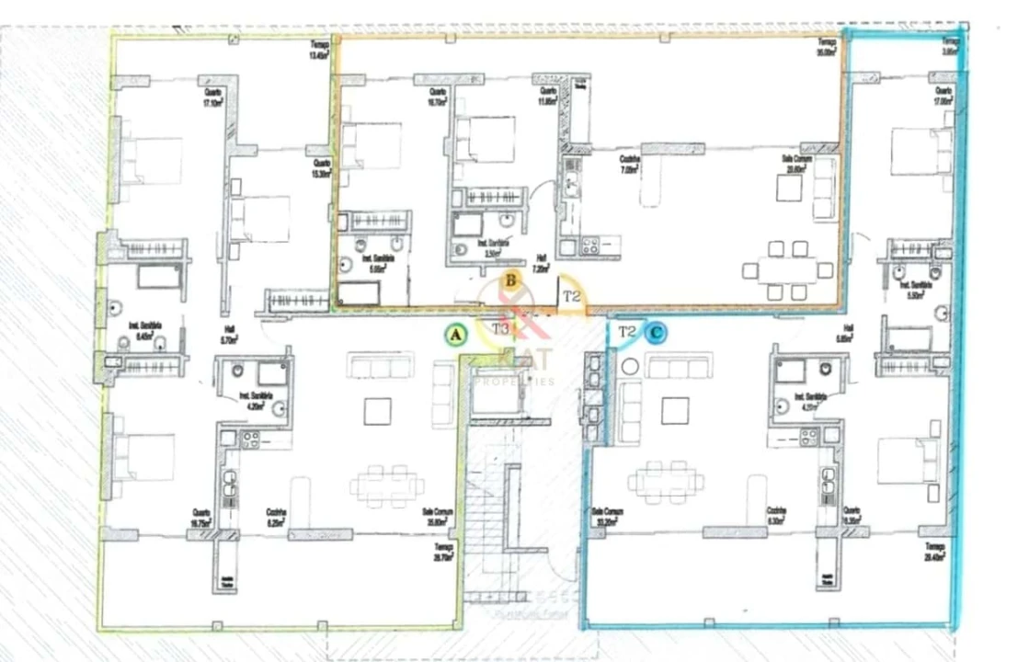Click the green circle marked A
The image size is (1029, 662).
click(454, 335)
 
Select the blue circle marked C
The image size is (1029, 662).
click(657, 334)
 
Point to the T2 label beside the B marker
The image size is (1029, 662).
click(572, 296)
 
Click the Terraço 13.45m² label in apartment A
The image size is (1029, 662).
click(318, 51)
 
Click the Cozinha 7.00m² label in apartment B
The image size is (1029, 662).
click(630, 165)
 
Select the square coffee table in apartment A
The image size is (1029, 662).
click(378, 411)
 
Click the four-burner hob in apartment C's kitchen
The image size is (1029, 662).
click(808, 438)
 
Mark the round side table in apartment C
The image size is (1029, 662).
click(630, 366)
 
